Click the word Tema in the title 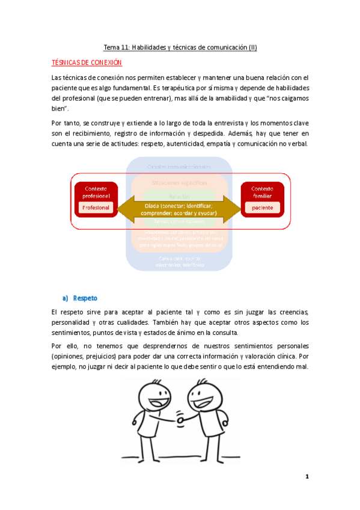(111, 48)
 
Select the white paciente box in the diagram (262, 207)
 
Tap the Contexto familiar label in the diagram (262, 192)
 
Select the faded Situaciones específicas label (180, 182)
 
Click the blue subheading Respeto (85, 298)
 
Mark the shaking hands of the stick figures (180, 419)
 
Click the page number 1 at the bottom (307, 477)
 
